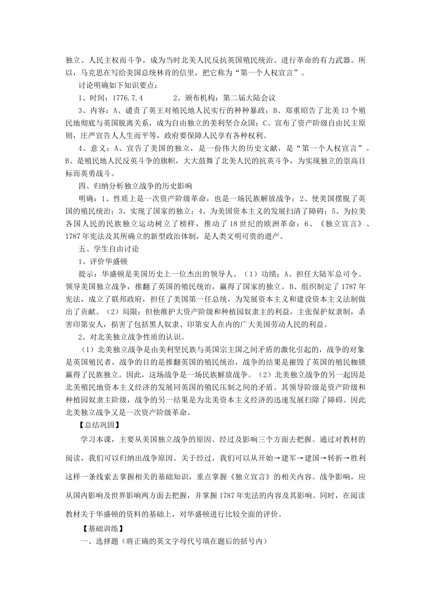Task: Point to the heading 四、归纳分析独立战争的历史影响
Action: tap(135, 186)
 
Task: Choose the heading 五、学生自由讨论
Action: tap(109, 249)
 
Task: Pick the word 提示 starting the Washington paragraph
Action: tap(86, 274)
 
